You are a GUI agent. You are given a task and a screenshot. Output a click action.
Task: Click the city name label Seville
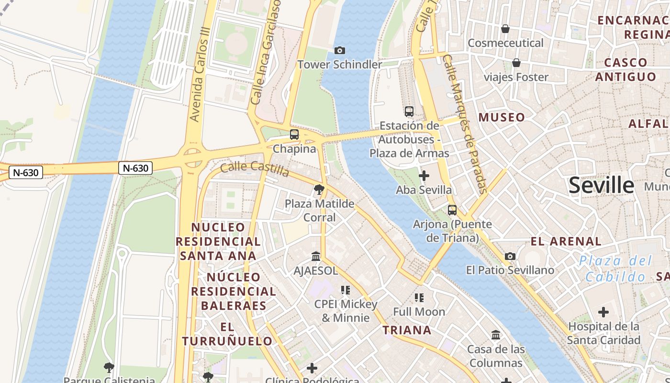601,185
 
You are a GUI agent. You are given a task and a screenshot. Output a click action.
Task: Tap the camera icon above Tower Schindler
339,50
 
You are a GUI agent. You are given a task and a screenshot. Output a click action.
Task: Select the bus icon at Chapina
294,135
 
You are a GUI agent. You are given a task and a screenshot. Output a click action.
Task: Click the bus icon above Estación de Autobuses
409,112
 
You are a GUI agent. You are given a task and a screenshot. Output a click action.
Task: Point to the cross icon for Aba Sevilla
424,176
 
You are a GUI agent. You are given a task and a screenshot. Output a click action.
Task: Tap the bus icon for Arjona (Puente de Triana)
452,210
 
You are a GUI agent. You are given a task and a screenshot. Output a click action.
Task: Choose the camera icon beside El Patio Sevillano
510,256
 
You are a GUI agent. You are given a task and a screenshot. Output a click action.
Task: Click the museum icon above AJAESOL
315,256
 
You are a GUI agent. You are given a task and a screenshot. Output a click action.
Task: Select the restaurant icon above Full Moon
419,298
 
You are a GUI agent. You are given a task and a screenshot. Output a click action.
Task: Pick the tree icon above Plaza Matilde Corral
319,190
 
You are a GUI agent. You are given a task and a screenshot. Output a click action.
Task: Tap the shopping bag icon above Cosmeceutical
505,29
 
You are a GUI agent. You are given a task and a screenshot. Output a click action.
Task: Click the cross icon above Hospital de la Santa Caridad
603,312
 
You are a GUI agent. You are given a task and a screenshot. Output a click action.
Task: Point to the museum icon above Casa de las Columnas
496,335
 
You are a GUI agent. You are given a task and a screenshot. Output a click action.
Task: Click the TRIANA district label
407,330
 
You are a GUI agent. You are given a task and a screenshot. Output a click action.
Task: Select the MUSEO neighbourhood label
502,117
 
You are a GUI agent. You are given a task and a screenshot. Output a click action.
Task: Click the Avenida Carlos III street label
200,80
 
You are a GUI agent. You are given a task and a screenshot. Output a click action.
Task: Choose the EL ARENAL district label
566,241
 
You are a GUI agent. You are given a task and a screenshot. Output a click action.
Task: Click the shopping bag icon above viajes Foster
516,63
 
